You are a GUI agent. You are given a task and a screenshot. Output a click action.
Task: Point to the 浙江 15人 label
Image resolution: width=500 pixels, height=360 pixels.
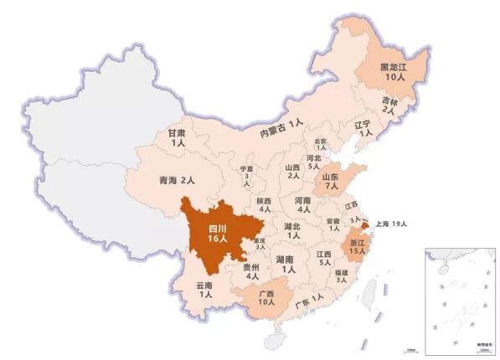[x=357, y=245]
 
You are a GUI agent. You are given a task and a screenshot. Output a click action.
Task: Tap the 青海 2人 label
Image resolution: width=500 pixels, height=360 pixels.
[x=176, y=180]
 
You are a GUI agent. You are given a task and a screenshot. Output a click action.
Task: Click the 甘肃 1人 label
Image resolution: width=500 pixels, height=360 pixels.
[x=177, y=138]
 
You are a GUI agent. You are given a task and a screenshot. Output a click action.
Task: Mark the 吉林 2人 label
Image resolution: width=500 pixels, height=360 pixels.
[x=389, y=104]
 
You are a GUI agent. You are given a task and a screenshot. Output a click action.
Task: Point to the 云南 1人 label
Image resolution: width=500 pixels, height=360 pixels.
[x=205, y=291]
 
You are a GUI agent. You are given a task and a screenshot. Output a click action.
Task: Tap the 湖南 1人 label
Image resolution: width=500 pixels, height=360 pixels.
[x=287, y=265]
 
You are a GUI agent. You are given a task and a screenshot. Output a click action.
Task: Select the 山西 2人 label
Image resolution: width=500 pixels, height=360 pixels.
[x=292, y=171]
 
